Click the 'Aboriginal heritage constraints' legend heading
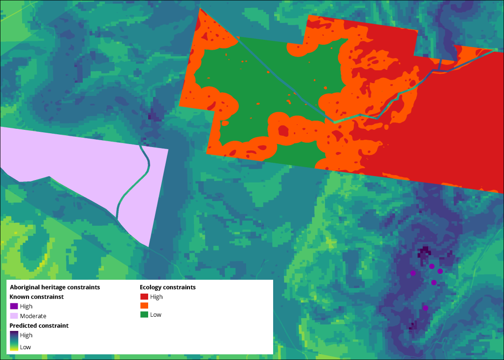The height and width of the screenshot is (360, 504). [55, 287]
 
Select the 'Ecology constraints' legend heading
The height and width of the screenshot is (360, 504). [167, 287]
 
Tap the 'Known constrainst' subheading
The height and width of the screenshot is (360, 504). [36, 297]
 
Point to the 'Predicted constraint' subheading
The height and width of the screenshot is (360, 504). [39, 326]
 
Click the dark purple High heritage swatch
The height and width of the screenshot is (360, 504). [14, 306]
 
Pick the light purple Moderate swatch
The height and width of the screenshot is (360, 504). [14, 316]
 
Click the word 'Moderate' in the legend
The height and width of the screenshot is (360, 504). [33, 316]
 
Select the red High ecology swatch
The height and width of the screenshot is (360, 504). [144, 297]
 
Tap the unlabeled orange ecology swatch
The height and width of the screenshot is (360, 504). [144, 306]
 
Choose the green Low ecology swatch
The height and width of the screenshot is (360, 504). [144, 315]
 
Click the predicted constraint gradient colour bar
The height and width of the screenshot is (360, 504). [13, 341]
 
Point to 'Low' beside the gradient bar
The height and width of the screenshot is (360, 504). [25, 347]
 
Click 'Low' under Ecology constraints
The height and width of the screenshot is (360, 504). [156, 315]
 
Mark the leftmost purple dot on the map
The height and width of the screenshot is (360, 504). [413, 272]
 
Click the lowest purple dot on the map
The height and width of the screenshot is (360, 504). [425, 308]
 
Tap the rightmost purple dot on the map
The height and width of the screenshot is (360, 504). [440, 271]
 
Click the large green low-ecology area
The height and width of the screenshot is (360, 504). [261, 84]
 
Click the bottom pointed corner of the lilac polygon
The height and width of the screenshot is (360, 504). [148, 246]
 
